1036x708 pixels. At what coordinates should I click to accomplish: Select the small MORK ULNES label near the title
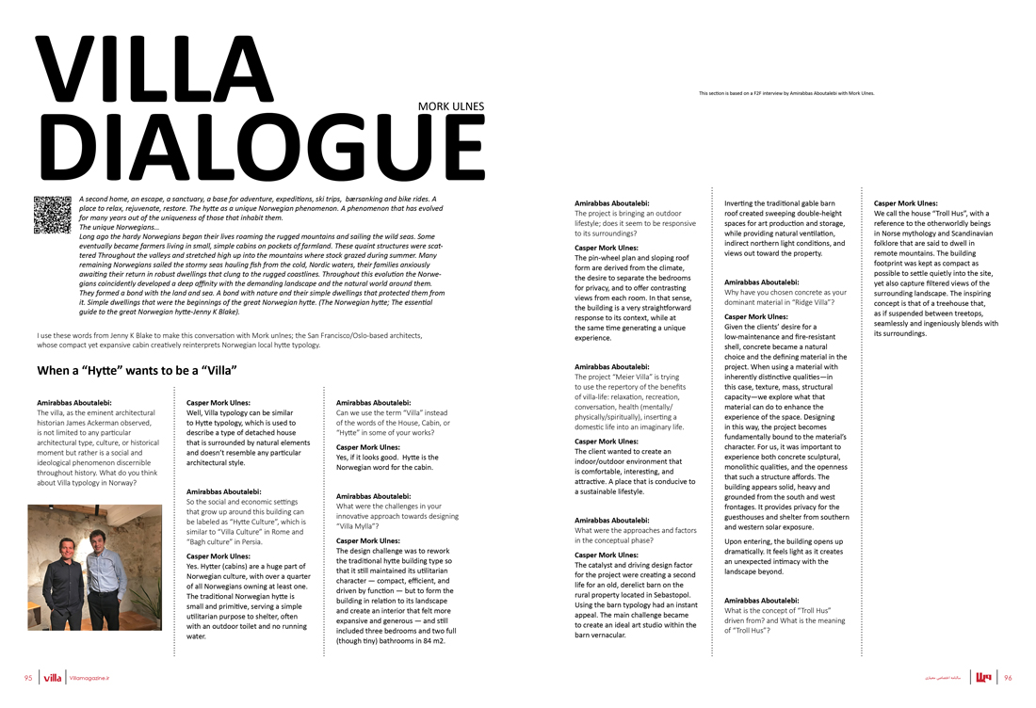(451, 107)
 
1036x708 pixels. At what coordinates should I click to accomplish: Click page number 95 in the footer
(28, 677)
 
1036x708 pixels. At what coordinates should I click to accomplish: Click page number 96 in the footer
(1007, 677)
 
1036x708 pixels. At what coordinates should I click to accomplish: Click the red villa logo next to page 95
(53, 677)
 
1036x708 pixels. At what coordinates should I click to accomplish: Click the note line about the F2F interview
(786, 93)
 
